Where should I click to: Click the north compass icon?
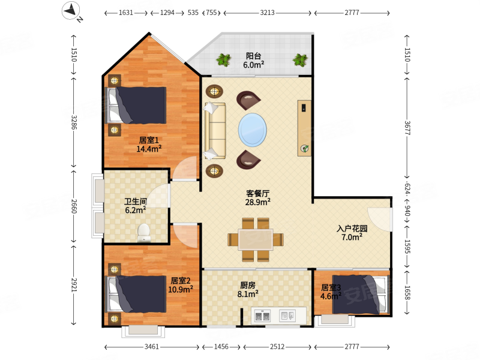click(71, 10)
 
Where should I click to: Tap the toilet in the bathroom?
click(143, 233)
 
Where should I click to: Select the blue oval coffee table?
click(252, 130)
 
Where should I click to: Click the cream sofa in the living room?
click(215, 131)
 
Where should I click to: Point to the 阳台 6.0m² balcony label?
click(253, 61)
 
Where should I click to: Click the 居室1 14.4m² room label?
click(149, 145)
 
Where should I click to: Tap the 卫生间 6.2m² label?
click(136, 206)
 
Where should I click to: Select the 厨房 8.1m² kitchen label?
click(248, 290)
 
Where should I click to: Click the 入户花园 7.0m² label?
click(352, 233)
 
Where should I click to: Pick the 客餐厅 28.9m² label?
click(258, 197)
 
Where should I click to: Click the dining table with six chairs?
click(256, 239)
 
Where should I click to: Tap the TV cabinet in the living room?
click(304, 128)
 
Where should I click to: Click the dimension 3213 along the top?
click(267, 13)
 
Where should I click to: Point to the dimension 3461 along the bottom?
click(152, 347)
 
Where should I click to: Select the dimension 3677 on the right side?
click(407, 128)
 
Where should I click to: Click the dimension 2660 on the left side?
click(74, 206)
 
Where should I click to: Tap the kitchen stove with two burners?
click(263, 316)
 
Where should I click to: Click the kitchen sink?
click(287, 316)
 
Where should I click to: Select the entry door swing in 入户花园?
click(380, 220)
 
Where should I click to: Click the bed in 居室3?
click(361, 295)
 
